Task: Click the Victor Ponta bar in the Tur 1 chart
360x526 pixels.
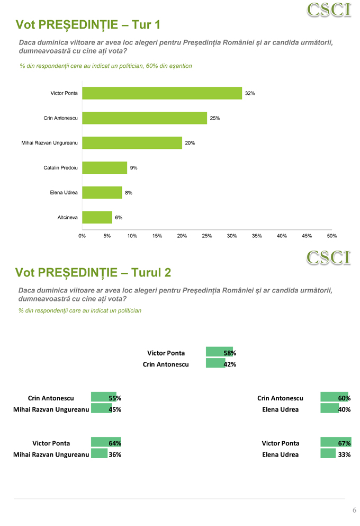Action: (161, 93)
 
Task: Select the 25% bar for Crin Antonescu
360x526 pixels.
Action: (144, 118)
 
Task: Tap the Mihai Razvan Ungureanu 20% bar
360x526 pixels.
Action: (132, 143)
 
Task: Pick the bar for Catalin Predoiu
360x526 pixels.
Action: (104, 168)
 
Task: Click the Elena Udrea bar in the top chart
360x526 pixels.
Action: (102, 193)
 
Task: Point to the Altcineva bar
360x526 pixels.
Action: (97, 218)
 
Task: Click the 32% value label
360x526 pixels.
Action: (250, 93)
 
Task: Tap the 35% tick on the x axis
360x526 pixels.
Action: (257, 236)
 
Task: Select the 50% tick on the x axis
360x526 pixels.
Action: (332, 236)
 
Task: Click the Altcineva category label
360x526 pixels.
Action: (67, 218)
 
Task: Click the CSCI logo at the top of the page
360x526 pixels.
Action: (329, 10)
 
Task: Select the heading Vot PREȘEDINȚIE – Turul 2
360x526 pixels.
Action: (93, 272)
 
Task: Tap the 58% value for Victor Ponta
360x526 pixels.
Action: (230, 353)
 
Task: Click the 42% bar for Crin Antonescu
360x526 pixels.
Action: (215, 364)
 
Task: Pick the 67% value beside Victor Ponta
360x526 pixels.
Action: (345, 443)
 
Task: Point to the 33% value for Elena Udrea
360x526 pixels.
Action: (345, 454)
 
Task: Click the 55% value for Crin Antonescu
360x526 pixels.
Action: (115, 398)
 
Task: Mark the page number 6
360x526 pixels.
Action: (354, 510)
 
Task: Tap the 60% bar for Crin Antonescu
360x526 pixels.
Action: (334, 398)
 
